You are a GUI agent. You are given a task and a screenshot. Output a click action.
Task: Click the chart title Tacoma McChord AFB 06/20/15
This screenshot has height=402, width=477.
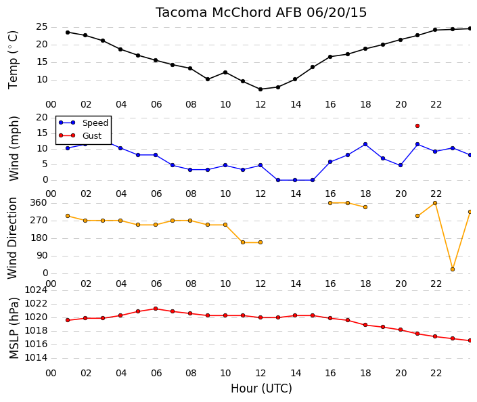(x=261, y=13)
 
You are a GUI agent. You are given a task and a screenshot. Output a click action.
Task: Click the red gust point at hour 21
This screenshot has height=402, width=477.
(x=417, y=126)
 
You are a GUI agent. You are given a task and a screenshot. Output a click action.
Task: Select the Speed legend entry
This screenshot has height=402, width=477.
(x=83, y=122)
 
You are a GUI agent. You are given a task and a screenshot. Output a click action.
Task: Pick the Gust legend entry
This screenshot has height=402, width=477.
(x=80, y=135)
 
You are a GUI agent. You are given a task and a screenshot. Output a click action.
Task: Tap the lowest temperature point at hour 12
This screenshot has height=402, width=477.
(x=260, y=89)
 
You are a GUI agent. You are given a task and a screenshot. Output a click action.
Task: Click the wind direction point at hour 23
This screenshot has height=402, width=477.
(x=453, y=269)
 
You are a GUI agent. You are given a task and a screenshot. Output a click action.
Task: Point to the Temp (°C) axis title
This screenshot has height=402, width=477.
(x=13, y=60)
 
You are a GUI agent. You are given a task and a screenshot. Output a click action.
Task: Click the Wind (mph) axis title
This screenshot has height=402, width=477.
(x=14, y=148)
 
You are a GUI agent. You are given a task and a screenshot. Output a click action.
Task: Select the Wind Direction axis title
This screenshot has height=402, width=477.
(x=12, y=238)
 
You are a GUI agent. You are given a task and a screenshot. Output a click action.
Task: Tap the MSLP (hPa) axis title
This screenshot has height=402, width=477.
(x=14, y=328)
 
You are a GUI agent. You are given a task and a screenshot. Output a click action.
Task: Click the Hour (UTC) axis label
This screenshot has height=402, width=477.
(x=261, y=388)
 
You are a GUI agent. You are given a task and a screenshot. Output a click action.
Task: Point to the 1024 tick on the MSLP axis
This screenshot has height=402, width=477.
(x=36, y=290)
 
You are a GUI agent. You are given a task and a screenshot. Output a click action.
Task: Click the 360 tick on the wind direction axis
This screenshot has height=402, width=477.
(x=39, y=202)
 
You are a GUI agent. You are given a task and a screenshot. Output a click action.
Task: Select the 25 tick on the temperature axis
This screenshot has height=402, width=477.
(x=42, y=27)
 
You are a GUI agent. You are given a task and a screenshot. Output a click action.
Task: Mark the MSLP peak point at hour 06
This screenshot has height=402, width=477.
(x=156, y=309)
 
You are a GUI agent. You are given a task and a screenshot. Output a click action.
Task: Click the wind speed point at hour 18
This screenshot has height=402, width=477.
(x=365, y=144)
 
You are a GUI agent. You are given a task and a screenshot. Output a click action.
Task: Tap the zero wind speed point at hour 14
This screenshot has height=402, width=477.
(x=295, y=180)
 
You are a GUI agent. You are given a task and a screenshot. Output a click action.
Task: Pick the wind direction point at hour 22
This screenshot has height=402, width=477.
(x=435, y=203)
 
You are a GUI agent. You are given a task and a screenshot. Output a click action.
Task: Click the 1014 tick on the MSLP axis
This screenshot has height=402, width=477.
(x=36, y=357)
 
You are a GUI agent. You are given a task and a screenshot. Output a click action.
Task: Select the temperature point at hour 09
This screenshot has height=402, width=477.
(x=208, y=79)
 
